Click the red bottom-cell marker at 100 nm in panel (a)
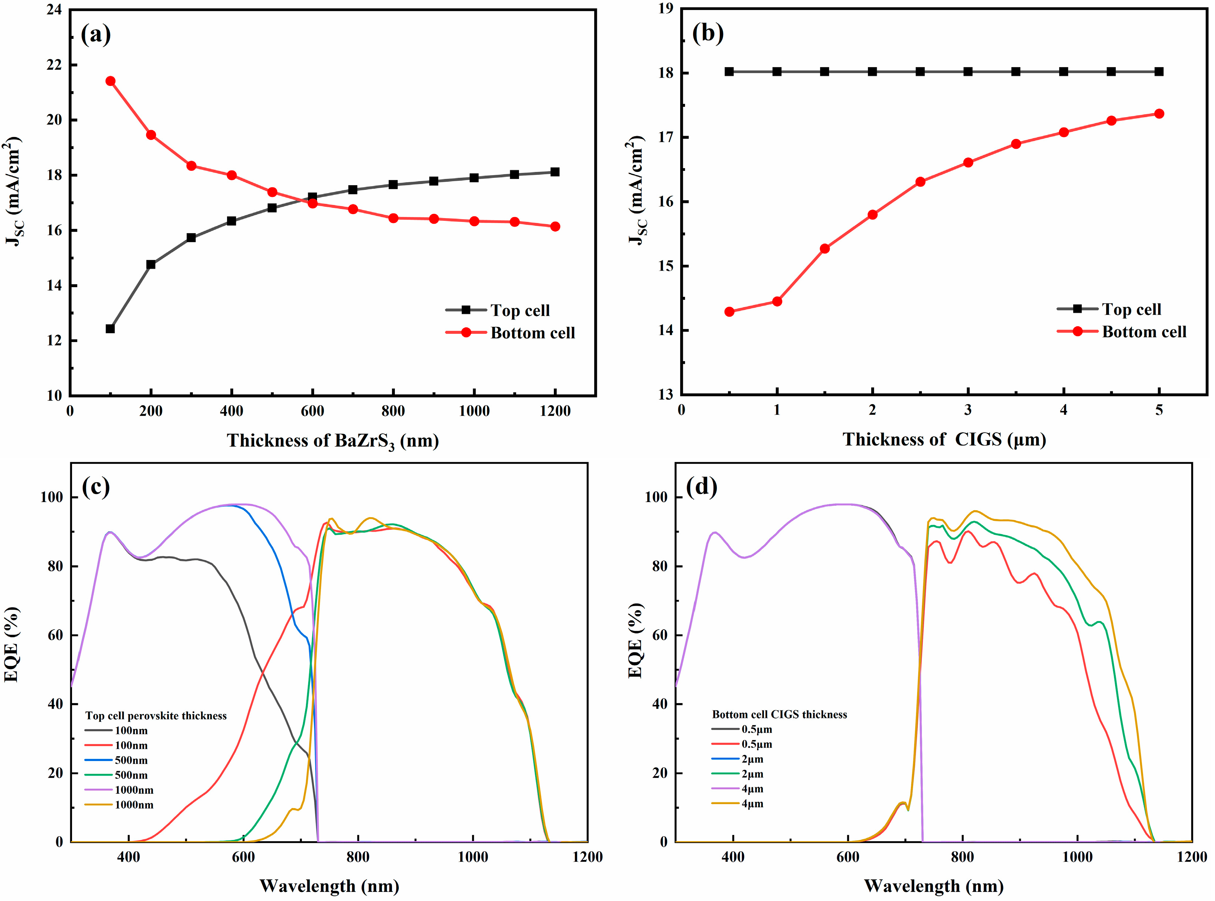point(110,81)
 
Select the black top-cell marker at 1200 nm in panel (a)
point(555,172)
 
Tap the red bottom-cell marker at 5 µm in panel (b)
point(1160,113)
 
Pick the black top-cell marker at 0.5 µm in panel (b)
point(729,72)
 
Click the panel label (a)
point(95,35)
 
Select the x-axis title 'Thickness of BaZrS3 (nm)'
point(333,441)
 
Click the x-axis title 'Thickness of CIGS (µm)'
point(944,440)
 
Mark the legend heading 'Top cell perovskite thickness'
point(156,716)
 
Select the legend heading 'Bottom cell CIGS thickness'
point(779,714)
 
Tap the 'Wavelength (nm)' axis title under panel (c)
point(329,886)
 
